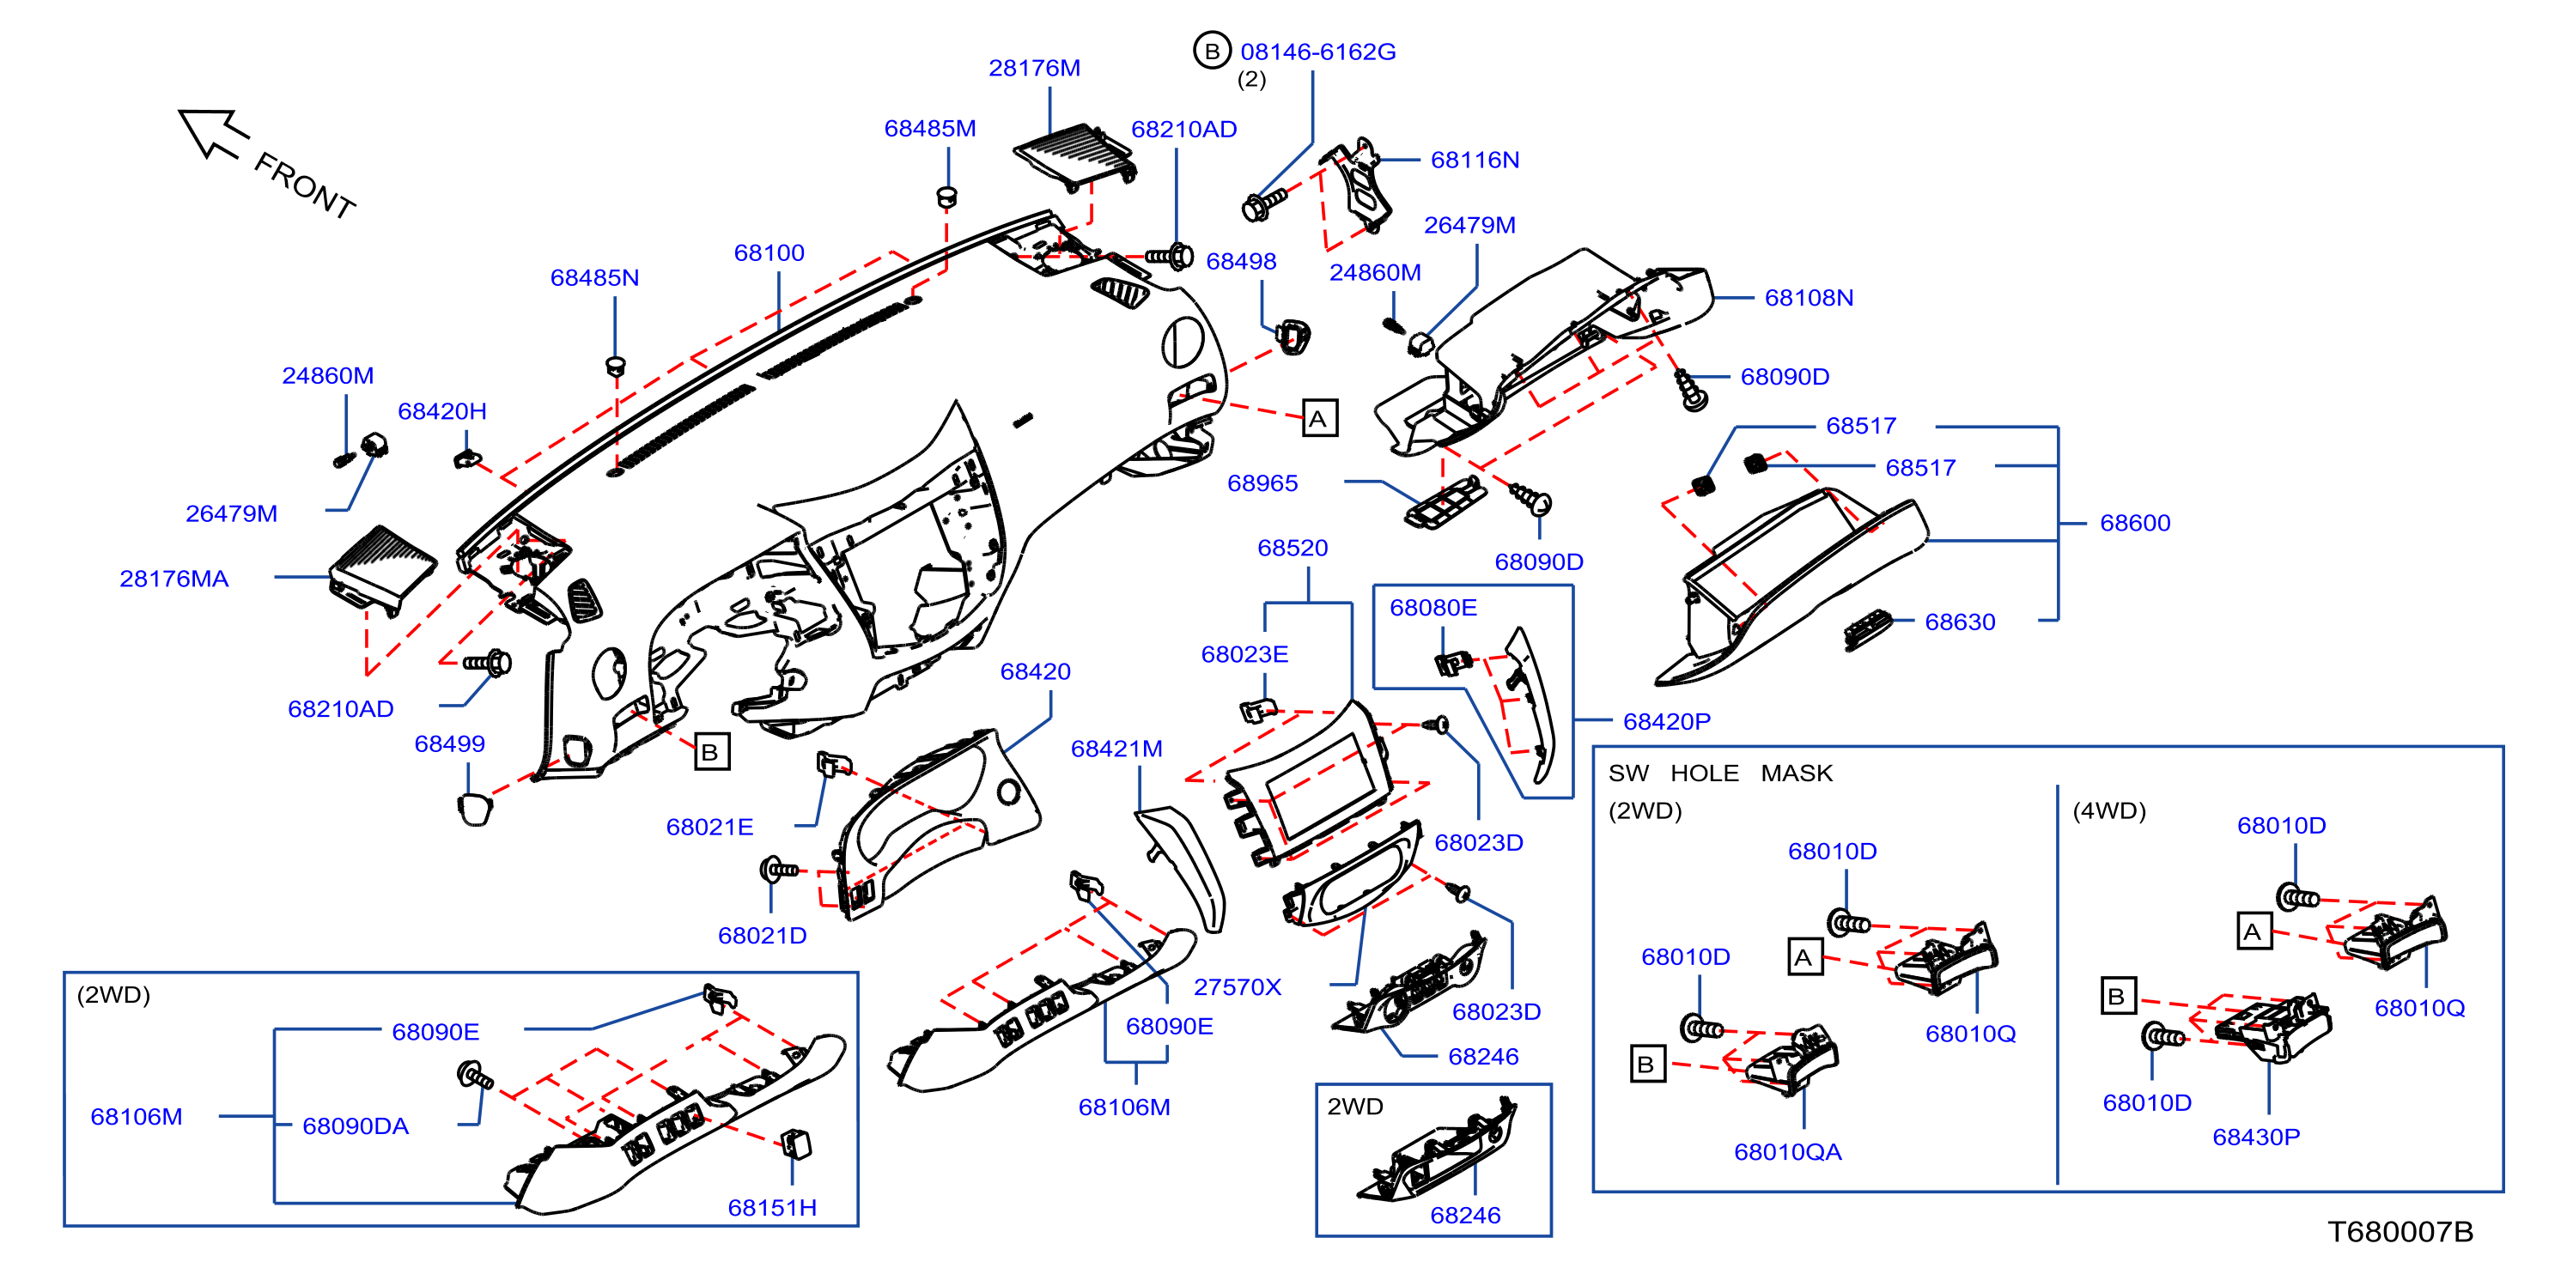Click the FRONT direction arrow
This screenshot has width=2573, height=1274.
point(213,133)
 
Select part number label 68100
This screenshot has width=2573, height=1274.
point(769,252)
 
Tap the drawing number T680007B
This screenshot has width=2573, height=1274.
point(2400,1231)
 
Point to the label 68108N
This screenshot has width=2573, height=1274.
point(1809,298)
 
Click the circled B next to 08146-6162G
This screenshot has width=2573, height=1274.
point(1212,50)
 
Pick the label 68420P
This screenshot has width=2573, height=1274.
point(1666,721)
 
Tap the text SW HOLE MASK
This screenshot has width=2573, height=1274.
point(1720,773)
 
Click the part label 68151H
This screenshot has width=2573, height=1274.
point(772,1207)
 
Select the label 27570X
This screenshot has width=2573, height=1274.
point(1237,986)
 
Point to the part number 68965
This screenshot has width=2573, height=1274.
point(1262,482)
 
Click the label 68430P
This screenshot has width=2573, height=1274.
point(2255,1137)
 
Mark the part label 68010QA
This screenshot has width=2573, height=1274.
point(1788,1151)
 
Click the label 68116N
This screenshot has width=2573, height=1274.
point(1475,160)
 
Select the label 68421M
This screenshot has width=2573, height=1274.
point(1116,748)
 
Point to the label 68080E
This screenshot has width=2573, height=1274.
point(1432,607)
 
